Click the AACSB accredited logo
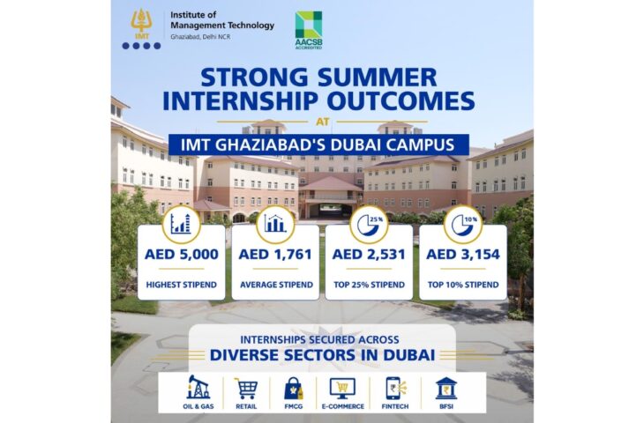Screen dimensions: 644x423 [x=309, y=30]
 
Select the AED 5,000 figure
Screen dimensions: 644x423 [x=182, y=255]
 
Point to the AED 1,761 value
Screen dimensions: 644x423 [x=275, y=255]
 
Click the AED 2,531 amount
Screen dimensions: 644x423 [x=369, y=255]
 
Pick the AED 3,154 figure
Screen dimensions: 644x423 [x=463, y=255]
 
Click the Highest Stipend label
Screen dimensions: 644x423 [x=182, y=285]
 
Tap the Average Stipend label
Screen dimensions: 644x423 [x=276, y=285]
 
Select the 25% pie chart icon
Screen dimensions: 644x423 [x=369, y=225]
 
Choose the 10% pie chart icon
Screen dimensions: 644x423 [x=463, y=225]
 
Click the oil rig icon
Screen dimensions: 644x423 [x=198, y=387]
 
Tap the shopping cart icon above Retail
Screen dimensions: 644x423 [x=246, y=388]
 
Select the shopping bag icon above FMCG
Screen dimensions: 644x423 [x=294, y=389]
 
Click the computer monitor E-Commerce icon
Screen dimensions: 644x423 [x=342, y=389]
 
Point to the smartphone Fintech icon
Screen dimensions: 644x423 [x=395, y=389]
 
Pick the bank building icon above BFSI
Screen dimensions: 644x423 [x=446, y=388]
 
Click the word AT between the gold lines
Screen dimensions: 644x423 [x=322, y=122]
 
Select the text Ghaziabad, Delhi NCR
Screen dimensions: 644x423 [x=200, y=37]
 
